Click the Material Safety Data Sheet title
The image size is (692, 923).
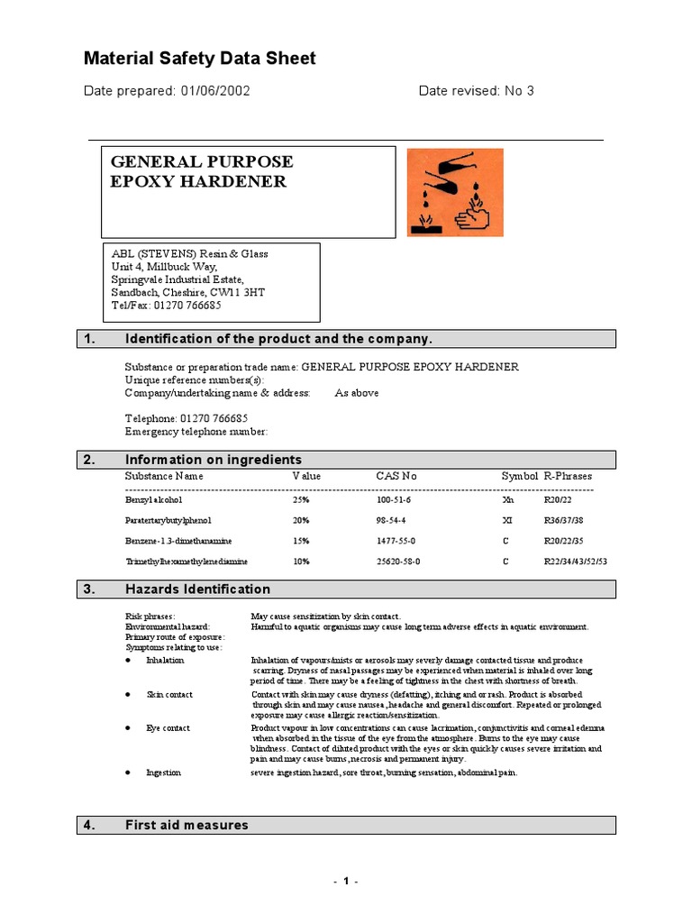click(199, 59)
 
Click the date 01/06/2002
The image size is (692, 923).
click(215, 91)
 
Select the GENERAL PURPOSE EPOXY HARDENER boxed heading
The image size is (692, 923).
click(201, 171)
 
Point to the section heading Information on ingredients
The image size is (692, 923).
click(213, 460)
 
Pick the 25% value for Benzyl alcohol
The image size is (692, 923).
click(301, 498)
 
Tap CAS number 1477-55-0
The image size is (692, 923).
click(396, 541)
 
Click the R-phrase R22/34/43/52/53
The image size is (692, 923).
click(576, 562)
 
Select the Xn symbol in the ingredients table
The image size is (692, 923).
click(507, 498)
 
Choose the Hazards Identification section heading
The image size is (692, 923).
click(197, 589)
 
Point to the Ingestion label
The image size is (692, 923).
click(164, 772)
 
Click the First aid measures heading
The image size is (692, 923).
click(187, 825)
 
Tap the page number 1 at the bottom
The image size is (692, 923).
click(345, 882)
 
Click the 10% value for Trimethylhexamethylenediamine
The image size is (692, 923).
click(301, 562)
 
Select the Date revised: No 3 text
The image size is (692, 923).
click(476, 91)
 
